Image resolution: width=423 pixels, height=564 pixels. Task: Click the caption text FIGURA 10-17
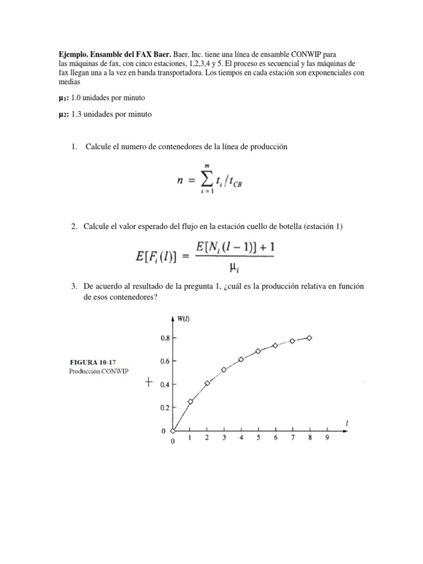click(x=91, y=362)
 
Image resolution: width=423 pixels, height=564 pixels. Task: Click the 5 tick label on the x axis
click(x=258, y=438)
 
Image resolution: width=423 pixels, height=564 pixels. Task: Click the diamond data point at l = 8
click(x=309, y=338)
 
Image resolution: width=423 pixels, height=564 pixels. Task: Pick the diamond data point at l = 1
click(x=191, y=402)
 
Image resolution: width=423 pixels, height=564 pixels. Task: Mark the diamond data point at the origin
click(x=173, y=431)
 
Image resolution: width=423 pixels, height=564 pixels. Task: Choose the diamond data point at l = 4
click(x=241, y=359)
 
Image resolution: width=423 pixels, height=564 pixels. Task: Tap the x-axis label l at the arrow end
click(x=346, y=423)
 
